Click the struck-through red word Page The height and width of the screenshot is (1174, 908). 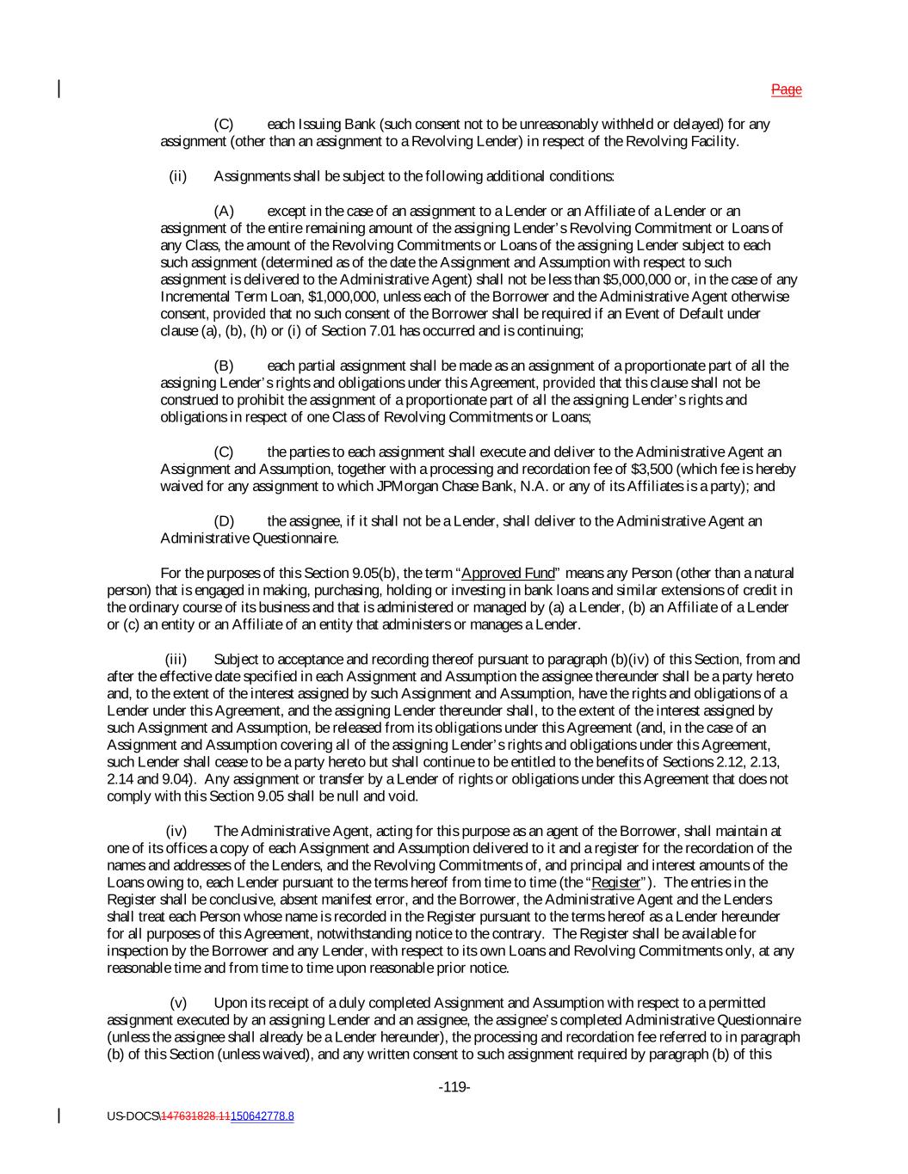tap(786, 89)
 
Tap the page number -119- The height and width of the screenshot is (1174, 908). tap(454, 1088)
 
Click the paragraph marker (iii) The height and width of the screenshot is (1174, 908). tap(176, 660)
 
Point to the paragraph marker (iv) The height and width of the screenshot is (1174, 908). tap(176, 831)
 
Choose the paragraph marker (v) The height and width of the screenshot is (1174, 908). tap(178, 1003)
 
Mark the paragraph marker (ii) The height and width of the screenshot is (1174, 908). tap(177, 176)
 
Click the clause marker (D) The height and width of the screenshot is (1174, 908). tap(224, 521)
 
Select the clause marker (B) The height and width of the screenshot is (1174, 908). tap(224, 366)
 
